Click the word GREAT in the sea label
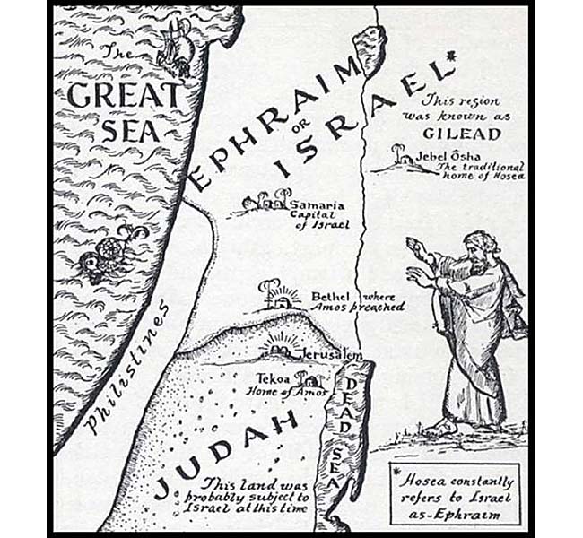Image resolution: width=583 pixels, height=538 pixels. (122, 95)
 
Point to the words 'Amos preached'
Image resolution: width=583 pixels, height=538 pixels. (370, 307)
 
